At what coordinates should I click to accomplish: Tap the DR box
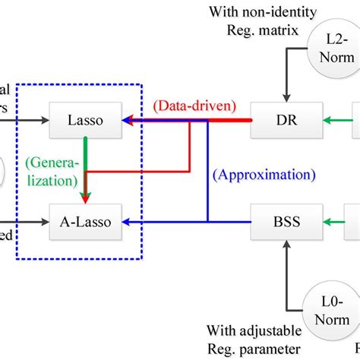coord(281,119)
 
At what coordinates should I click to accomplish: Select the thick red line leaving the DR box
coord(228,119)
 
